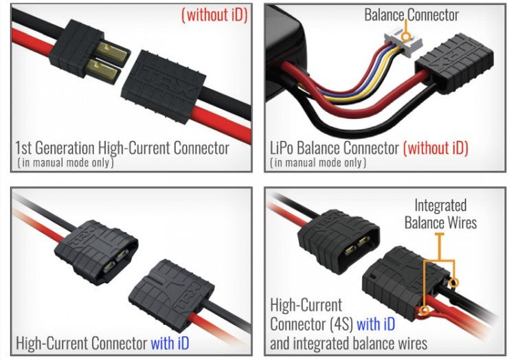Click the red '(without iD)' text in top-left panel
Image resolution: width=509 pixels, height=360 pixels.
[213, 14]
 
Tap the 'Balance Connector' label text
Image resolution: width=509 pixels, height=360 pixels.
[411, 14]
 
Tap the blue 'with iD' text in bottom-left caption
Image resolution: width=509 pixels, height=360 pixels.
[168, 341]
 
